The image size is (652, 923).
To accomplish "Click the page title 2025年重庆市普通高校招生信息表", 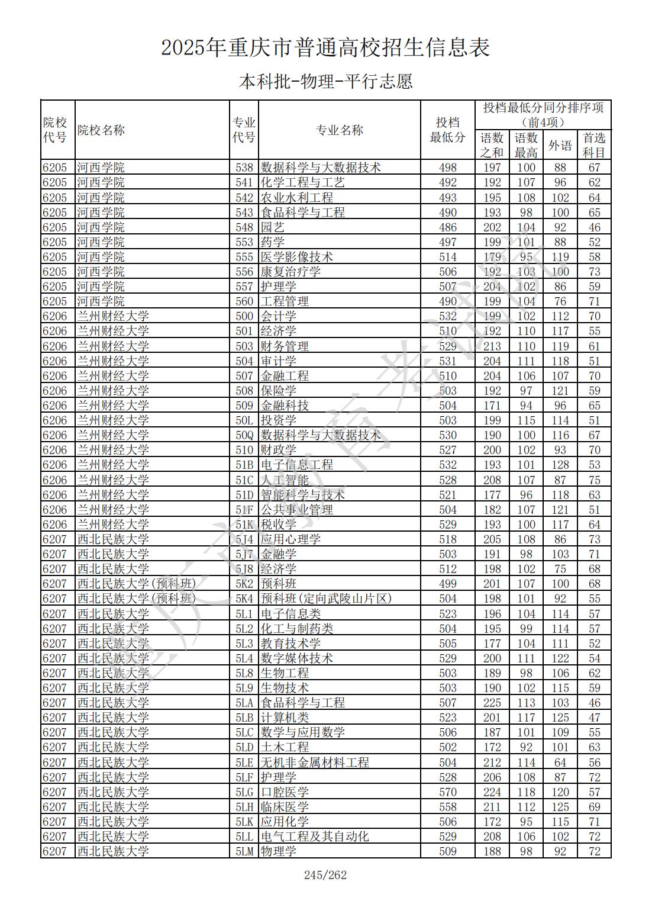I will [325, 48].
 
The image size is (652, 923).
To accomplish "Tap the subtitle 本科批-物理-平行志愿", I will [325, 82].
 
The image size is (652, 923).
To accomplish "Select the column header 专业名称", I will [339, 130].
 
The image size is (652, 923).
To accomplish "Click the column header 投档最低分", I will [447, 130].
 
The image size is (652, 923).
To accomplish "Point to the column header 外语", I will [560, 145].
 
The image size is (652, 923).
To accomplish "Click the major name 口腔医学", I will [285, 792].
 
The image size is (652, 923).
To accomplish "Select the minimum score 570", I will [448, 792].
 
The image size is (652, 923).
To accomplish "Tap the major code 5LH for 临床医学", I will [244, 807].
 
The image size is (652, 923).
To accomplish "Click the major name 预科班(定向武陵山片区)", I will [326, 599].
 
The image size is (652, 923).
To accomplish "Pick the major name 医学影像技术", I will [296, 257].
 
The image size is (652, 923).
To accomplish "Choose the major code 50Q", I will [244, 435].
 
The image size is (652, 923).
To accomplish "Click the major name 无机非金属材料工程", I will [315, 763].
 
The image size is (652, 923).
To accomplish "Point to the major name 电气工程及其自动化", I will [315, 837].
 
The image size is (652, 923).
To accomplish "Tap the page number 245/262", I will [325, 875].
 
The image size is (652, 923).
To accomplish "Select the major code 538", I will [244, 168].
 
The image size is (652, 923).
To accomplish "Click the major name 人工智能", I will [285, 480].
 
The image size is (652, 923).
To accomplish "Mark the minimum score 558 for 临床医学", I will [448, 807].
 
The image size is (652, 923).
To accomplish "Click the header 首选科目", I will [594, 145].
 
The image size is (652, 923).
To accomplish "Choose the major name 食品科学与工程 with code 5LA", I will [302, 703].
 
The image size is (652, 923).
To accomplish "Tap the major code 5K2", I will [244, 584].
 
